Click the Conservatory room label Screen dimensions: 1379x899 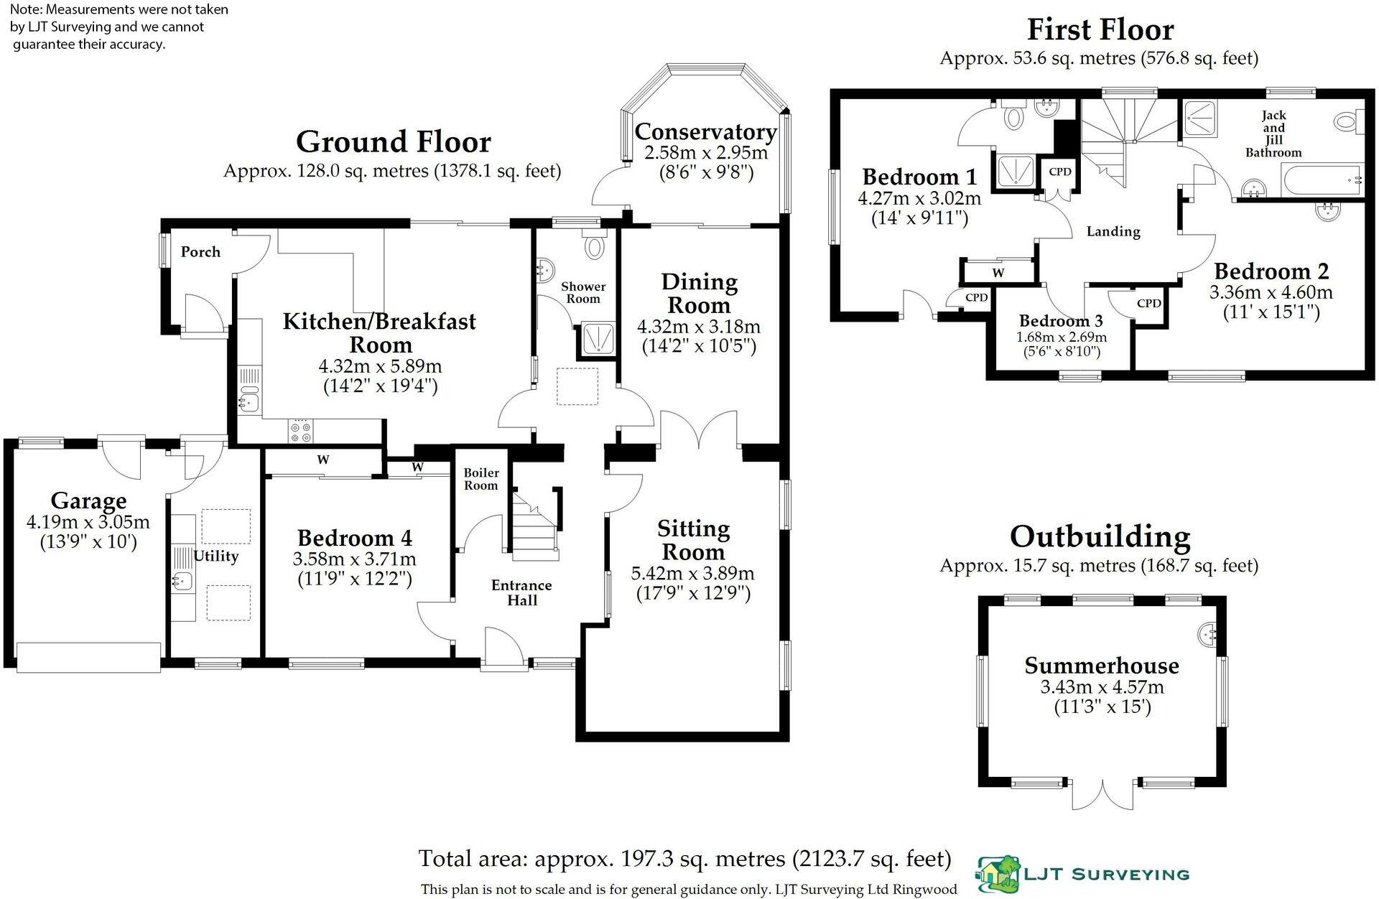705,132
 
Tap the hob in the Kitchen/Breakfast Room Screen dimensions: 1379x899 300,430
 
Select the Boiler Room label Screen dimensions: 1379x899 480,479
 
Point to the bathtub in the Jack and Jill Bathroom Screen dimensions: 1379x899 1321,178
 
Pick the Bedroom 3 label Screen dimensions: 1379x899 1061,321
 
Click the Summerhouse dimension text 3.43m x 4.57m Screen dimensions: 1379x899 1102,687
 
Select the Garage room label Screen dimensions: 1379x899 88,501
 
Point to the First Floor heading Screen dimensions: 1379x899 1100,30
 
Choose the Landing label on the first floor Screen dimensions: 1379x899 1113,232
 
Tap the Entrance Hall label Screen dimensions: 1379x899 521,593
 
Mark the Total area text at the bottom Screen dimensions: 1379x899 684,859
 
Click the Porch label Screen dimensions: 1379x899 200,252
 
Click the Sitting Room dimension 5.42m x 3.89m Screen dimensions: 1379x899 692,574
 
